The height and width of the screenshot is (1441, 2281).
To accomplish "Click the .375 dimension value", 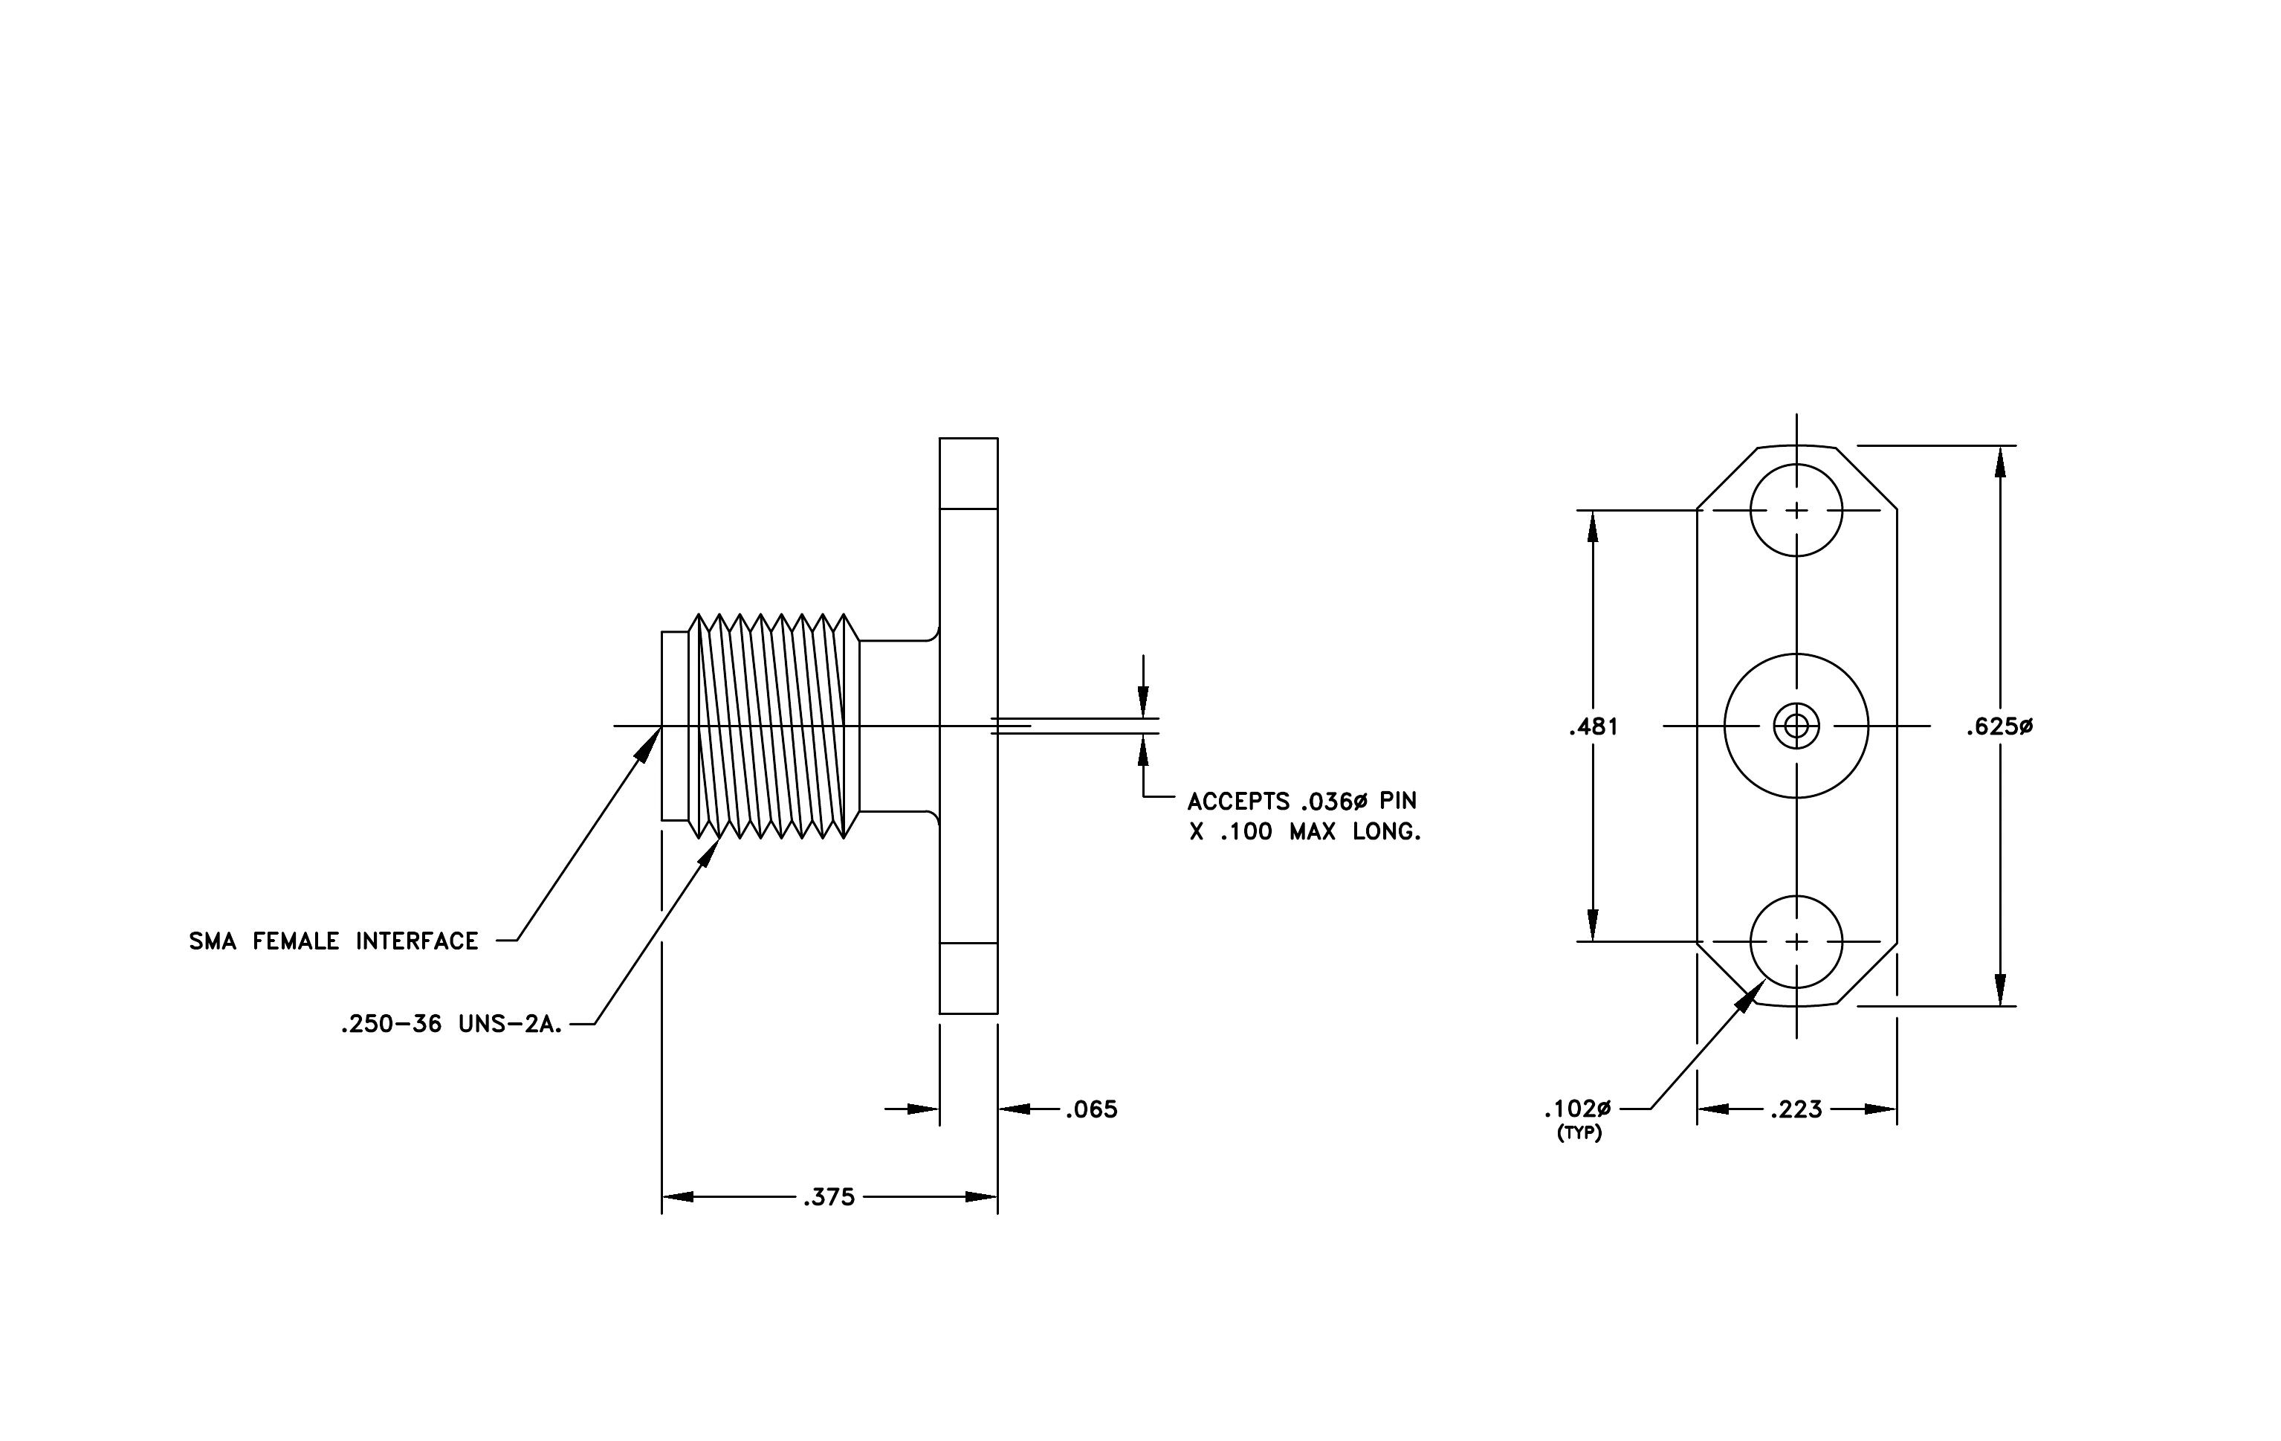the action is (x=829, y=1198).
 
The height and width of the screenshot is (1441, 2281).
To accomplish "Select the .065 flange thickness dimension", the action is (x=1091, y=1109).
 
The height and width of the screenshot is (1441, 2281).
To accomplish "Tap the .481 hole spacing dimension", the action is (x=1594, y=726).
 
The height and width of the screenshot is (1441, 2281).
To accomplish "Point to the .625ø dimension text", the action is (x=1999, y=726).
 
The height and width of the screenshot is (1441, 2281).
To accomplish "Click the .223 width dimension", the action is (x=1796, y=1109).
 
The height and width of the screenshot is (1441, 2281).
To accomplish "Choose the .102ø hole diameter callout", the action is (x=1577, y=1109).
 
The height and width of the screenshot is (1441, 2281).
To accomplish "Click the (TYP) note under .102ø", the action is (x=1579, y=1133).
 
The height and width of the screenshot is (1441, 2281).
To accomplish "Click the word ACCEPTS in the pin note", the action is (x=1239, y=802).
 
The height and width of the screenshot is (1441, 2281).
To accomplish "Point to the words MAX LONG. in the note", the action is (x=1355, y=833).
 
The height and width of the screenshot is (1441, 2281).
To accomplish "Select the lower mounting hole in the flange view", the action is (x=1796, y=942).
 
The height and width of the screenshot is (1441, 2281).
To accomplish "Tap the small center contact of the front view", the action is (x=1796, y=726).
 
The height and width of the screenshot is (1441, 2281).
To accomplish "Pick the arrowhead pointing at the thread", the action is (x=708, y=851).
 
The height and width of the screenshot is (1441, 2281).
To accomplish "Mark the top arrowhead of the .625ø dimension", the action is (x=1999, y=463).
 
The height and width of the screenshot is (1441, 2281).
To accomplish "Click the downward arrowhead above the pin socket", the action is (x=1143, y=701).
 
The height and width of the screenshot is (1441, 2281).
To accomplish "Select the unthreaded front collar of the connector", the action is (x=674, y=726).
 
